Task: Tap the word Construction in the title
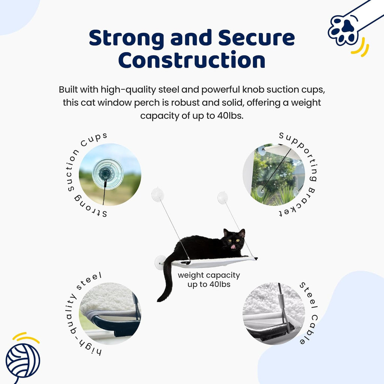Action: (192, 60)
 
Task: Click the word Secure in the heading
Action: (252, 38)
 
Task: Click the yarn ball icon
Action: (22, 360)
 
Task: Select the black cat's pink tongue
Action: (234, 247)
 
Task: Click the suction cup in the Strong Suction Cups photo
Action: (108, 173)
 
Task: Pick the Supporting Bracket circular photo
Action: (274, 174)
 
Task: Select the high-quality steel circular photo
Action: (110, 313)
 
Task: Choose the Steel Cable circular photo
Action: (274, 313)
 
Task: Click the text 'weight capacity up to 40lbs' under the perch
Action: (209, 280)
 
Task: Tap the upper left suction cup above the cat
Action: (157, 195)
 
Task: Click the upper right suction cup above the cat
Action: (222, 198)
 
